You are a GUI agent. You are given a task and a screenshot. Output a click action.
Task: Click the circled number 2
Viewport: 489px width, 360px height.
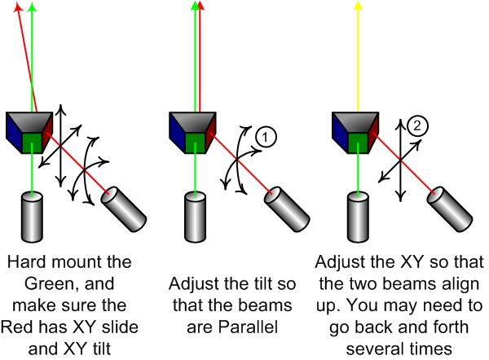pyautogui.click(x=418, y=126)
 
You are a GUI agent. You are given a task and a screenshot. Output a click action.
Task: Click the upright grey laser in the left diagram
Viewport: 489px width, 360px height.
pyautogui.click(x=33, y=216)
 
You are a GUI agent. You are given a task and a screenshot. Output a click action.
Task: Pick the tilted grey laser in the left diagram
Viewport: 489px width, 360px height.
pyautogui.click(x=124, y=207)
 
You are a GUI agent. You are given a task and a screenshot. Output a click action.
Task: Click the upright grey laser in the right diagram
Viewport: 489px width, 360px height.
pyautogui.click(x=358, y=216)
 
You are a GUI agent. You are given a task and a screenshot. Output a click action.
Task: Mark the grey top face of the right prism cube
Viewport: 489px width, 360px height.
pyautogui.click(x=358, y=121)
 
